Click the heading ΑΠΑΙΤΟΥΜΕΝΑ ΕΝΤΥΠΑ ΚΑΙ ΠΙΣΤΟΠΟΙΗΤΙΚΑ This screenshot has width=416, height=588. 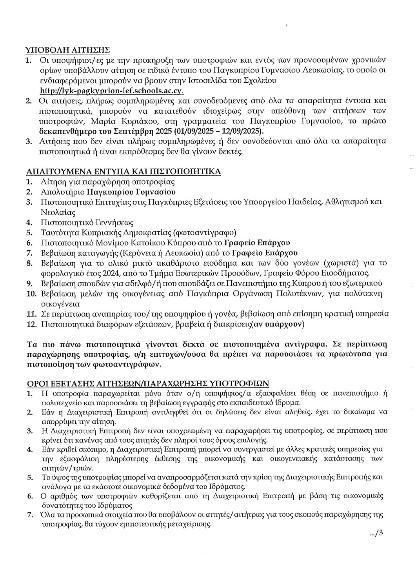pos(123,172)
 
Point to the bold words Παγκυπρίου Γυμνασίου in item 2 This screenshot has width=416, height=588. pos(131,192)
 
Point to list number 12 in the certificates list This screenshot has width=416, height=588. pos(31,325)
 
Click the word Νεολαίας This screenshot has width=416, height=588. pos(58,212)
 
